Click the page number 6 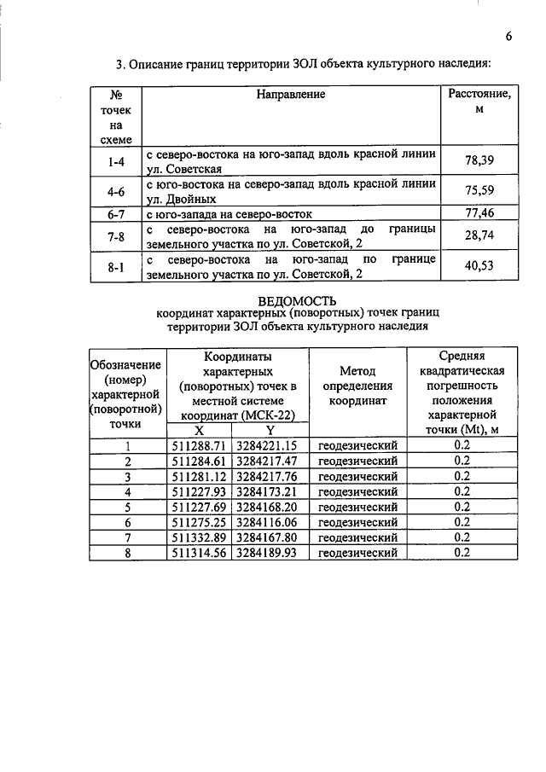click(508, 36)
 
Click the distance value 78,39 click(479, 160)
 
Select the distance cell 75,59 click(479, 189)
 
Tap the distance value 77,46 click(479, 212)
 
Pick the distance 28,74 click(479, 235)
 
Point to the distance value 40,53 click(479, 266)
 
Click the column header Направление click(290, 94)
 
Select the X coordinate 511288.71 click(198, 445)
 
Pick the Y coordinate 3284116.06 click(265, 522)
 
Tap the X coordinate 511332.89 click(198, 537)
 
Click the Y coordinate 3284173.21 click(265, 491)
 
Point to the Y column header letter click(269, 431)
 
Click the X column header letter click(198, 431)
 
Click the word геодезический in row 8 click(358, 553)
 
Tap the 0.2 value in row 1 click(462, 445)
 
